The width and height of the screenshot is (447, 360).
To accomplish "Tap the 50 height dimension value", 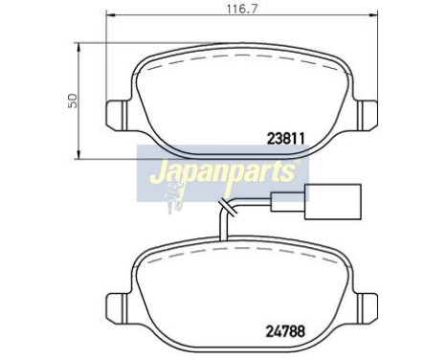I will click(x=70, y=100).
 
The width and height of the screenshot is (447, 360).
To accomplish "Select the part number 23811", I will click(x=283, y=137).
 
